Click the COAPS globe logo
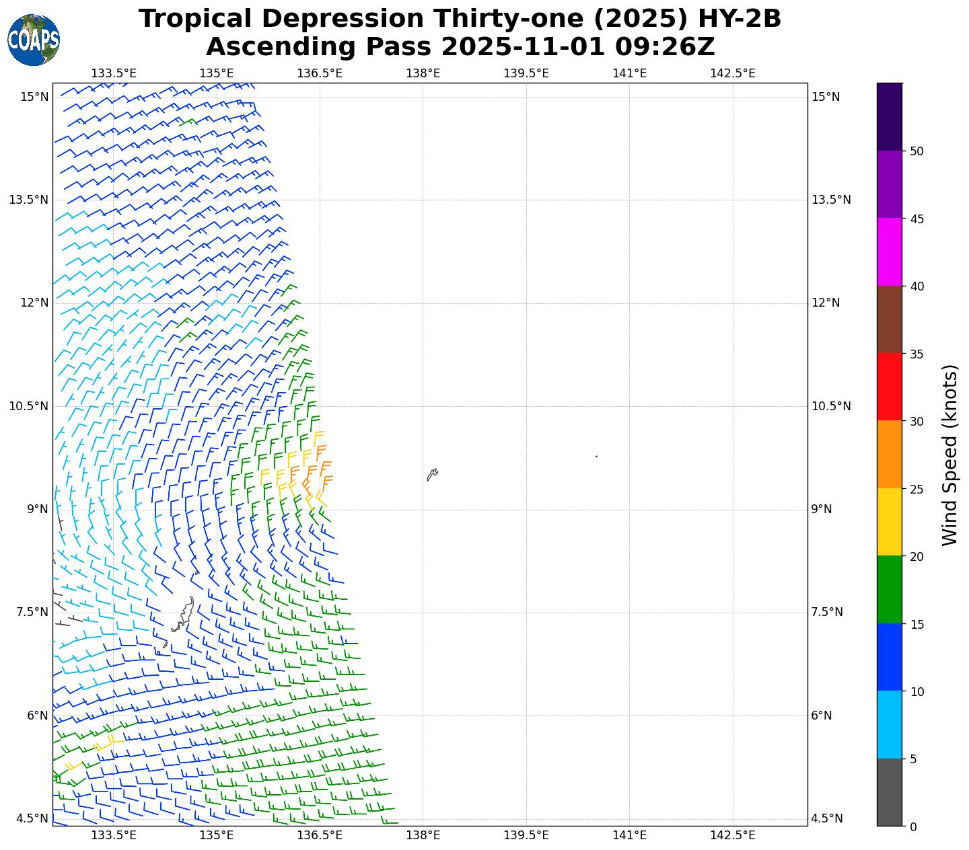pos(34,40)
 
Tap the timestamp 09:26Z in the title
pos(656,47)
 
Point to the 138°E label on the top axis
pos(423,73)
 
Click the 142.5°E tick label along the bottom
pos(732,836)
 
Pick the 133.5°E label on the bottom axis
pos(113,836)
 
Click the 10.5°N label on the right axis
pos(830,406)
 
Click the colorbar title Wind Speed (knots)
pos(949,455)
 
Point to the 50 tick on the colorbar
pos(916,151)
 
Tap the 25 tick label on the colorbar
pos(916,489)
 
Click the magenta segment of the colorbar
pos(890,252)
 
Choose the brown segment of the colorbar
pos(890,319)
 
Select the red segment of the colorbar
pos(890,387)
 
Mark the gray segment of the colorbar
pos(890,792)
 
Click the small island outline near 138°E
pos(432,474)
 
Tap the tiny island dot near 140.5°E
pos(596,457)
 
